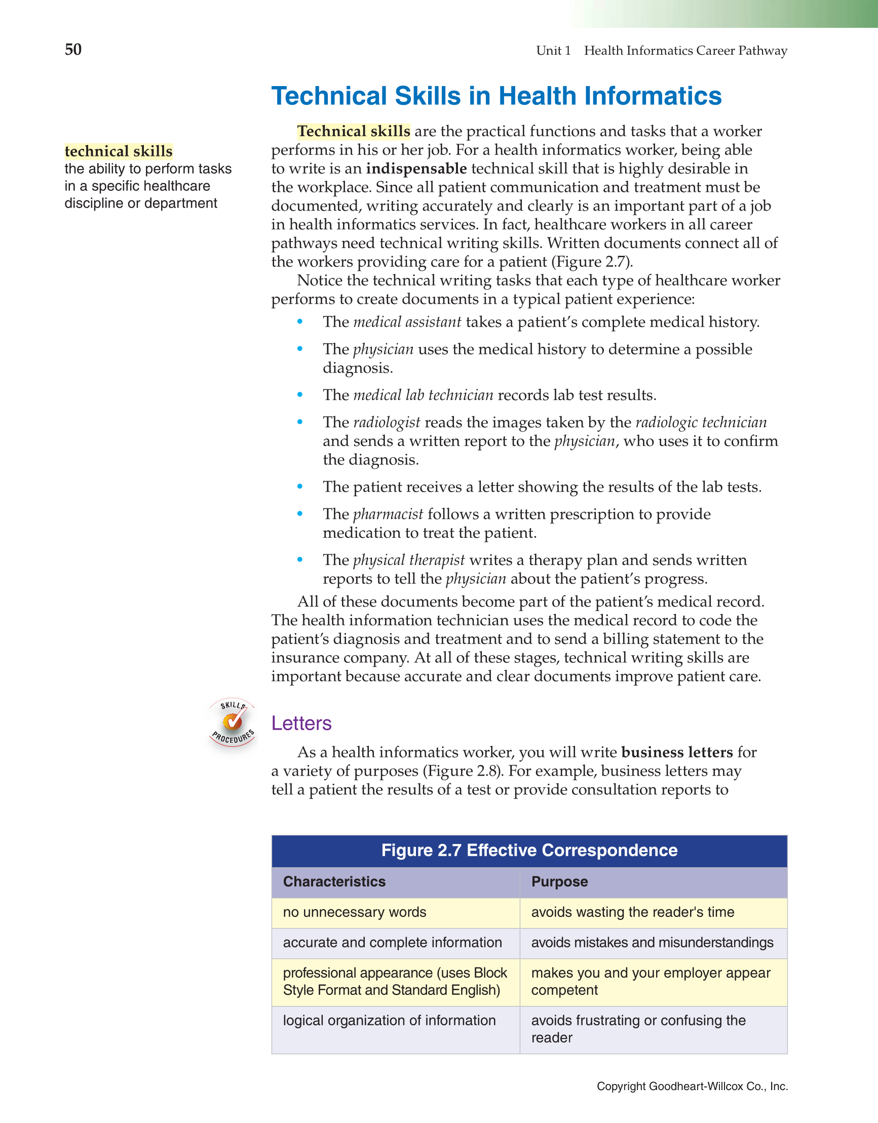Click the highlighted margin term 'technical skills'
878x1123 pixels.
(119, 151)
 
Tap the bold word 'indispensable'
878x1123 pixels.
(416, 169)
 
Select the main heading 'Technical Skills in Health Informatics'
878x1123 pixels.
(496, 96)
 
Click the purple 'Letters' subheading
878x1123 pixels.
(301, 723)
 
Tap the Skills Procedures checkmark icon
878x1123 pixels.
(232, 723)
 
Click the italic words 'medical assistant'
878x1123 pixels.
(407, 322)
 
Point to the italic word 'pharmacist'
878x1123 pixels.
(388, 514)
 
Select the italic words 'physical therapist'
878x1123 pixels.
(409, 560)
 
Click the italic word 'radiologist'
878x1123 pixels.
(387, 422)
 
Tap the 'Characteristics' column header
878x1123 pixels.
(334, 881)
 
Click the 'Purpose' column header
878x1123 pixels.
(559, 881)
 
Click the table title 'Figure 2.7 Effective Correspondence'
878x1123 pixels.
(529, 850)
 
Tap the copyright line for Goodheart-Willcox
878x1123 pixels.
(692, 1086)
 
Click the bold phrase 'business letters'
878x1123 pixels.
(677, 752)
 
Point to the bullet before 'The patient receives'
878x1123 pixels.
(300, 487)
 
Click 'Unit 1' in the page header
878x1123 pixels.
(553, 51)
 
